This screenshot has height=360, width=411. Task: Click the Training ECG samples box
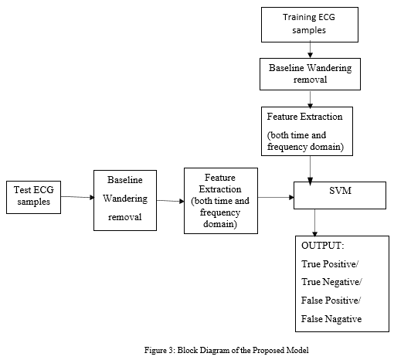pos(310,25)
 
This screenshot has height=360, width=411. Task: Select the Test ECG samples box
pos(33,197)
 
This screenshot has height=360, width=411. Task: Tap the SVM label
pos(340,190)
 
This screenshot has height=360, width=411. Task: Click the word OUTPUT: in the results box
pos(322,246)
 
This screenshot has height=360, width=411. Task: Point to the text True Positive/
pos(330,264)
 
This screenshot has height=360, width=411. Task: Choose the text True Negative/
pos(331,282)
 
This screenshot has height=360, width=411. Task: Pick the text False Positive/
pos(331,301)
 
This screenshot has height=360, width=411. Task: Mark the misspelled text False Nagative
pos(331,319)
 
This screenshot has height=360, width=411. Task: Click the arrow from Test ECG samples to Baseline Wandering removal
pos(77,197)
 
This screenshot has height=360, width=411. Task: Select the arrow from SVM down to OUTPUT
pos(314,222)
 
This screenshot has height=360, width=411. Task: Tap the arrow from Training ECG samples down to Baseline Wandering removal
pos(310,49)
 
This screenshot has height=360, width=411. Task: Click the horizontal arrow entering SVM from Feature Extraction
pos(276,197)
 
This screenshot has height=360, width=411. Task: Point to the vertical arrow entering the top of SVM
pos(310,170)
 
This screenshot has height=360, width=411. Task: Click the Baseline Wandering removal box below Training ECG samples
pos(310,74)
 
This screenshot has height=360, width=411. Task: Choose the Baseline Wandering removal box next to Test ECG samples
pos(125,201)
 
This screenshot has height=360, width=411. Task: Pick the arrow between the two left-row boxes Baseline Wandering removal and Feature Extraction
pos(171,201)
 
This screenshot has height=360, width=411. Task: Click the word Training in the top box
pos(296,17)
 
